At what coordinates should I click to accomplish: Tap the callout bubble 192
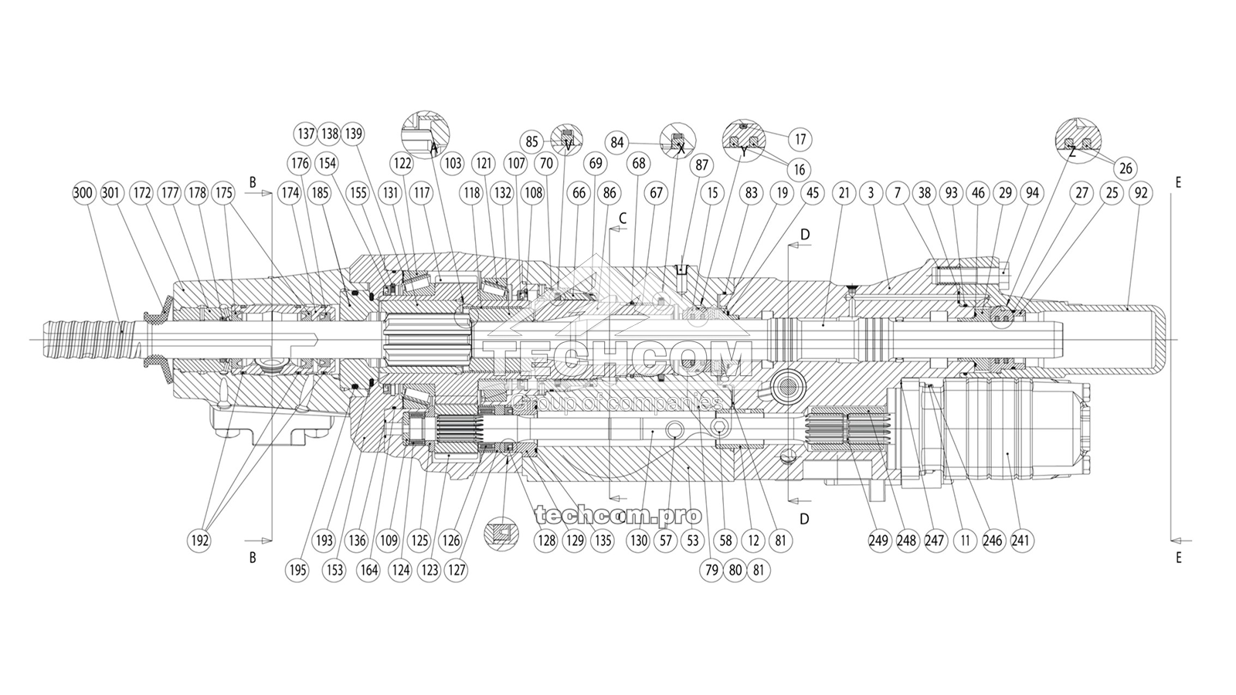(x=199, y=541)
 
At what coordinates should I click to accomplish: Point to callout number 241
(x=1021, y=541)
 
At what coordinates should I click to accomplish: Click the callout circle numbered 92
(x=1140, y=192)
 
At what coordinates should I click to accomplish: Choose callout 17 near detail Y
(x=800, y=139)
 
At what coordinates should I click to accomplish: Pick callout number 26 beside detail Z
(x=1126, y=168)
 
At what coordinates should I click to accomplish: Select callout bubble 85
(x=531, y=142)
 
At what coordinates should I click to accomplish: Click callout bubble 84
(x=617, y=142)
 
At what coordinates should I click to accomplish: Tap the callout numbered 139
(x=353, y=134)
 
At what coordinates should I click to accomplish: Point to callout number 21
(x=843, y=192)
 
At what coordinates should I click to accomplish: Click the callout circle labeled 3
(x=871, y=192)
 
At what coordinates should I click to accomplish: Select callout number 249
(x=878, y=541)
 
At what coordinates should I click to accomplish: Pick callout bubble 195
(x=297, y=571)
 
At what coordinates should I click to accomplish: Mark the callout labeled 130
(x=638, y=541)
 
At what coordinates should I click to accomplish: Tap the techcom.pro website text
(x=618, y=514)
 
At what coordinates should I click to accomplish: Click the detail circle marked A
(x=426, y=134)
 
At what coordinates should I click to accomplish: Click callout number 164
(x=369, y=571)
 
